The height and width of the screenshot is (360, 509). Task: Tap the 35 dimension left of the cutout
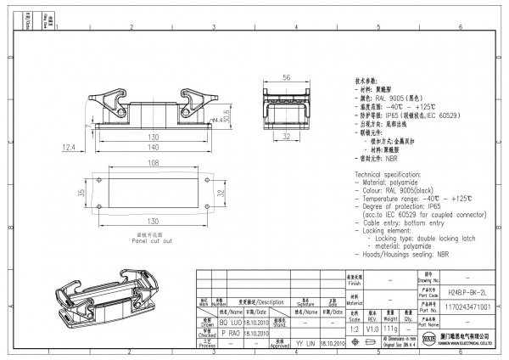point(81,194)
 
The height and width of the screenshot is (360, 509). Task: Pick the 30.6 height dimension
point(227,115)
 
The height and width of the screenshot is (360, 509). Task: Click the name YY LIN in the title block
point(305,344)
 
